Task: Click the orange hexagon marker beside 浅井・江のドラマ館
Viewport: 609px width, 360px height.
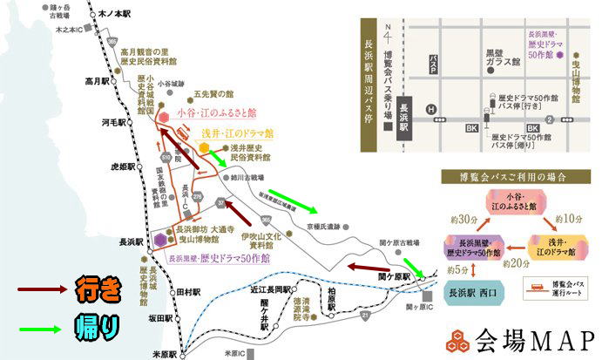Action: [x=204, y=148]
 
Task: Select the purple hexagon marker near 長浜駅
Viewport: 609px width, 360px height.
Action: [x=160, y=239]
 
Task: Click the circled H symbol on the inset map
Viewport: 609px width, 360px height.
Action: [x=430, y=109]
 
